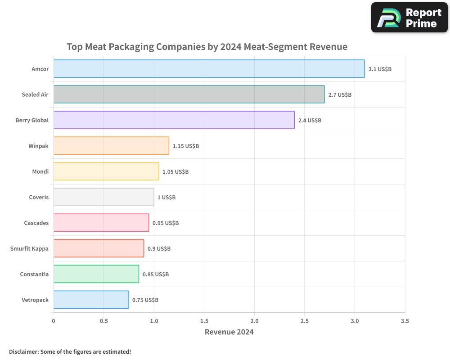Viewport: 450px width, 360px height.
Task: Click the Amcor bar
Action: [x=209, y=69]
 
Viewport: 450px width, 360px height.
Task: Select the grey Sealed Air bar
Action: [x=189, y=94]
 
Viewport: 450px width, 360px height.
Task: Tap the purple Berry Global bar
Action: [x=174, y=120]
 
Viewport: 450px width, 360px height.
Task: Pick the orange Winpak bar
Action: [x=111, y=146]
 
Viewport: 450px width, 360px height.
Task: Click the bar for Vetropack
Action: [x=91, y=300]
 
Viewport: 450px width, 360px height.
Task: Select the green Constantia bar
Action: [x=96, y=274]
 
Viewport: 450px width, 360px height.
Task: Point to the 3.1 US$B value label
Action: [x=380, y=69]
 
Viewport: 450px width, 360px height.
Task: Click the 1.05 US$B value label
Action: [x=175, y=172]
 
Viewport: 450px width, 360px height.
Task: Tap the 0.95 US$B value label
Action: [x=166, y=223]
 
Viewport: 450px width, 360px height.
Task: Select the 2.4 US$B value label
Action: [x=310, y=121]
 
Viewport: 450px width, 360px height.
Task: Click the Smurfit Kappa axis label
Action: [x=29, y=248]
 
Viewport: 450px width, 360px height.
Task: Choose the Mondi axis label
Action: [x=40, y=171]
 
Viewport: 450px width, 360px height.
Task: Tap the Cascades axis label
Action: [x=36, y=223]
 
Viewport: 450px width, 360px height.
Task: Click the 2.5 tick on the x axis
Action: [x=305, y=321]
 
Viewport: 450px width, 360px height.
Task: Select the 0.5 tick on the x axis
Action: [x=103, y=321]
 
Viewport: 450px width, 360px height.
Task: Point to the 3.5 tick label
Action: [x=405, y=321]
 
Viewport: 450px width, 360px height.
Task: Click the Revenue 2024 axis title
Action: [x=229, y=332]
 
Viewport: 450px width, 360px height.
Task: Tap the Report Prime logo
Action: [x=409, y=18]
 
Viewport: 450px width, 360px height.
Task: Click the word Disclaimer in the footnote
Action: [x=23, y=351]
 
